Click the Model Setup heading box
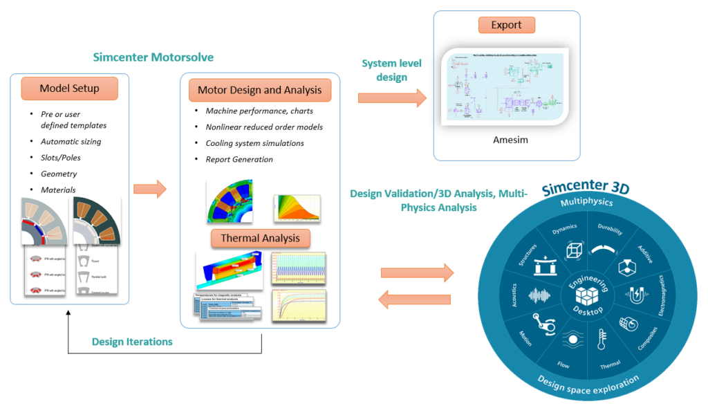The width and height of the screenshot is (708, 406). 69,88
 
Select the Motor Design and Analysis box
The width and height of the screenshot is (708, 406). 259,90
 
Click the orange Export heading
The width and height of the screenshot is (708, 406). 506,25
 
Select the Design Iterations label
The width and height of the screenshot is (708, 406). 132,342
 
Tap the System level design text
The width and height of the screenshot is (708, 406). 391,70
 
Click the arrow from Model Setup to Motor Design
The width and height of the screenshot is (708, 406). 149,187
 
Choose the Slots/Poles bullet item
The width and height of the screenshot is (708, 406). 60,158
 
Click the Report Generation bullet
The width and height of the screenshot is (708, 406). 239,159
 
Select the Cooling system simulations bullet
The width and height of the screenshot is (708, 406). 254,143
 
